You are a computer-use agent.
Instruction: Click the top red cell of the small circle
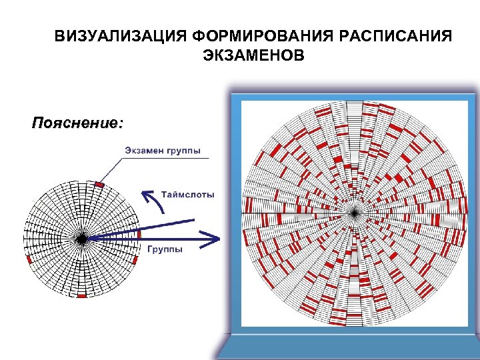[x=99, y=184]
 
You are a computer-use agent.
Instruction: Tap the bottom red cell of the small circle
[x=81, y=295]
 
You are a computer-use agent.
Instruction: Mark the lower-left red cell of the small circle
[x=29, y=259]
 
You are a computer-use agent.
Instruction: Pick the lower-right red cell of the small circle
[x=135, y=260]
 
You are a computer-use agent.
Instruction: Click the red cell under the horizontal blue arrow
[x=139, y=235]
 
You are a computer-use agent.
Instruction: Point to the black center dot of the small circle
[x=81, y=239]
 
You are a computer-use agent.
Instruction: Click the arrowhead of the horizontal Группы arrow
[x=213, y=239]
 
